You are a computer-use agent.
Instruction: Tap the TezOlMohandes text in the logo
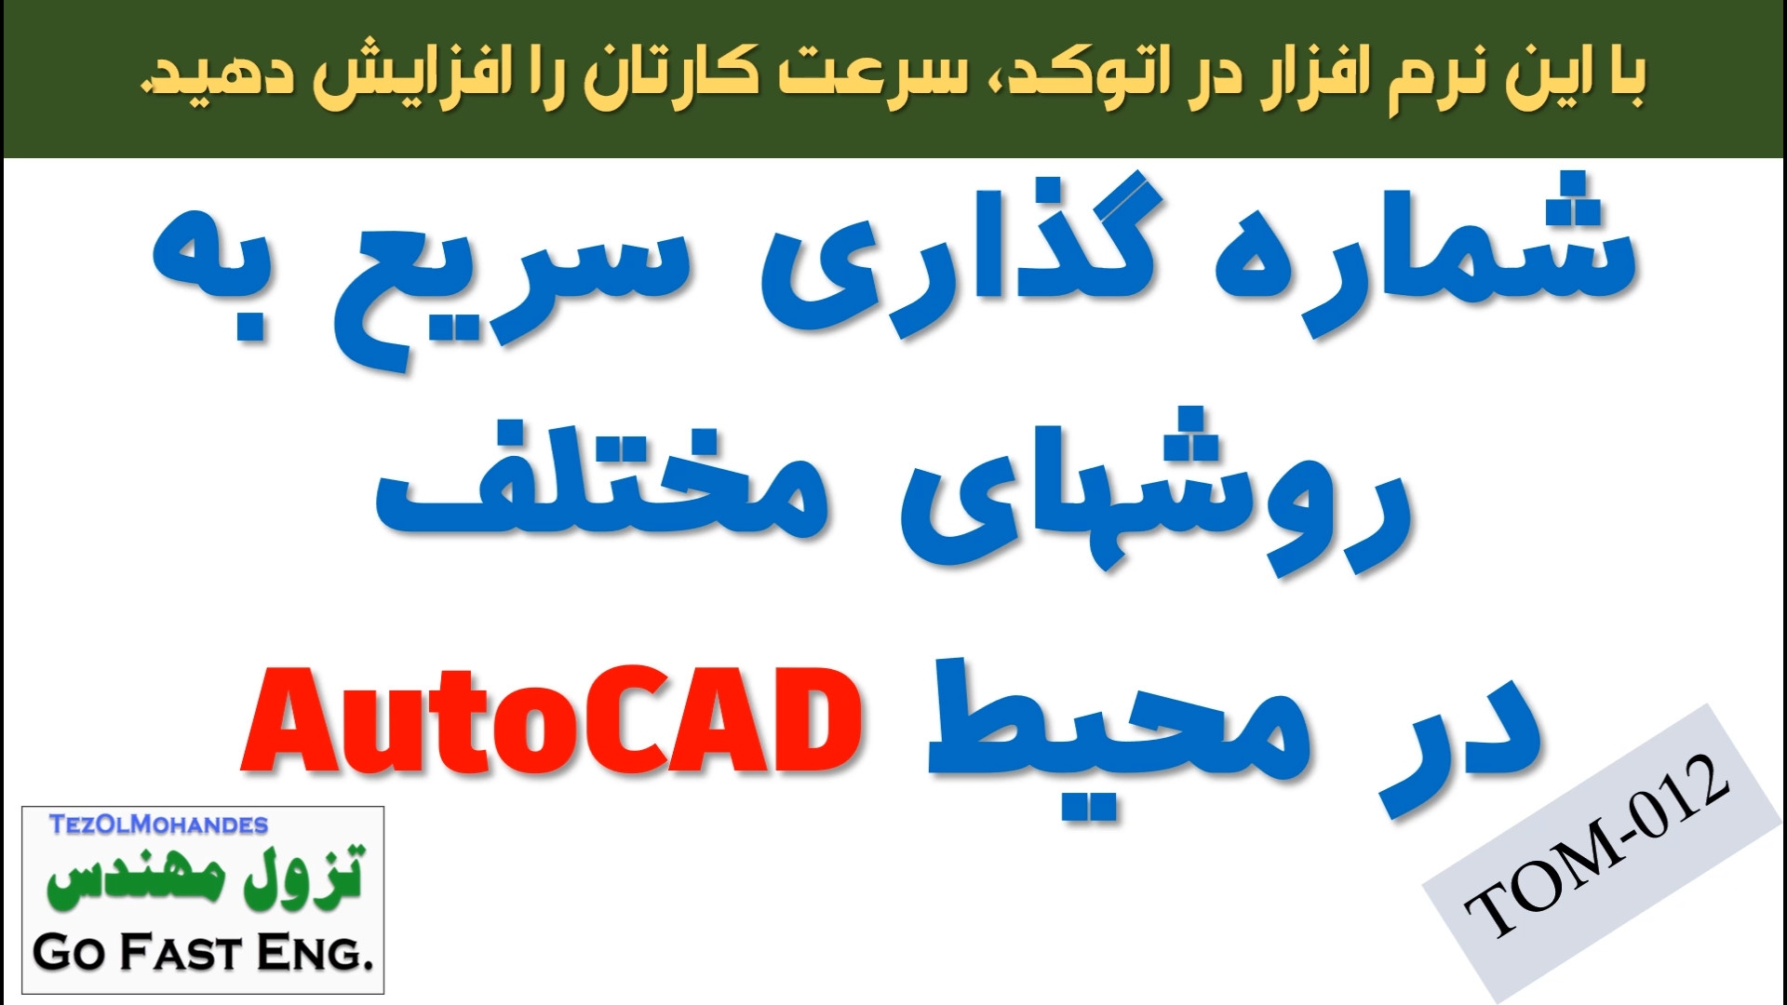tap(158, 824)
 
